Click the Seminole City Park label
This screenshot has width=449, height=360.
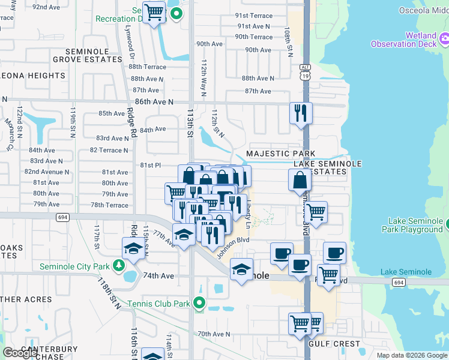point(74,266)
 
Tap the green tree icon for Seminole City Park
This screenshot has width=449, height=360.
point(119,265)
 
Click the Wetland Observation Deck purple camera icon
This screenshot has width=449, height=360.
point(445,40)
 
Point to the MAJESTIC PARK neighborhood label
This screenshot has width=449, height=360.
point(280,154)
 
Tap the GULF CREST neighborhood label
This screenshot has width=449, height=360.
point(334,344)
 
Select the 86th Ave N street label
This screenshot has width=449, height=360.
point(154,102)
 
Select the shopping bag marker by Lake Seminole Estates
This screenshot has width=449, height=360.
point(299,179)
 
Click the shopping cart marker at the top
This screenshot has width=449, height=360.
point(154,11)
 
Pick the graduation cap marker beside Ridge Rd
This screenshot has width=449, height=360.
point(133,248)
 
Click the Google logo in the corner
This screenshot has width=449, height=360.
point(19,353)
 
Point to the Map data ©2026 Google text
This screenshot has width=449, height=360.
point(411,355)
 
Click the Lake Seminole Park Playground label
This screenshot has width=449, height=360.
point(415,225)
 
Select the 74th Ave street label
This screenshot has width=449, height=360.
point(158,276)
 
